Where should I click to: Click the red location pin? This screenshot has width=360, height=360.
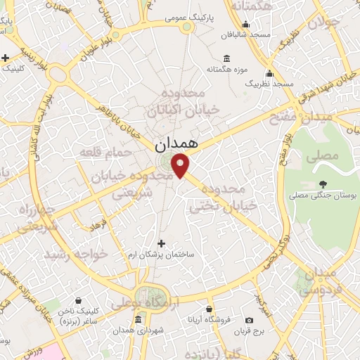click(181, 165)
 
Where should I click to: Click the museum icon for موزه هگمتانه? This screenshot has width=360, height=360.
click(226, 59)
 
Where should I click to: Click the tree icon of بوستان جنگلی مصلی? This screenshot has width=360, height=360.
click(312, 184)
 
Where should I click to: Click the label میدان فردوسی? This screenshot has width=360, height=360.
click(316, 281)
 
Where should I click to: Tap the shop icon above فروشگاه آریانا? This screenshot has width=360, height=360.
click(209, 309)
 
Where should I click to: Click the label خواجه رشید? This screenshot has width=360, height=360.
click(76, 254)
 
